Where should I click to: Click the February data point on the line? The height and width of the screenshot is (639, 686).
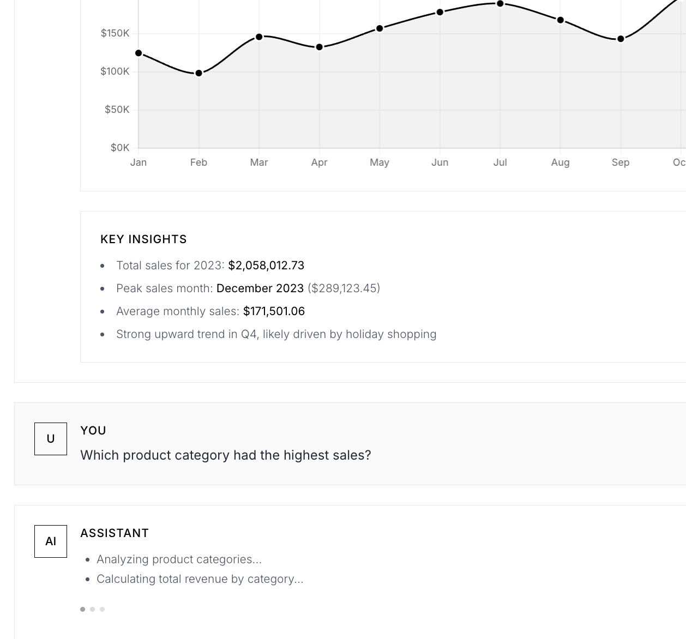[198, 73]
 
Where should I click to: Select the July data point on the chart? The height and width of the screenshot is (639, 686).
[500, 4]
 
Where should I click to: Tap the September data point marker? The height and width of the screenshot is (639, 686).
[621, 39]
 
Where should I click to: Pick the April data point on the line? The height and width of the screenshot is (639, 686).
[319, 47]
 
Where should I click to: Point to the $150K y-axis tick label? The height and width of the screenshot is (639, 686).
[115, 33]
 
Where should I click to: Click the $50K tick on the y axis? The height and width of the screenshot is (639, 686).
[117, 110]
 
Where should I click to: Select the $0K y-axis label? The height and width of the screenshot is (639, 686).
[120, 148]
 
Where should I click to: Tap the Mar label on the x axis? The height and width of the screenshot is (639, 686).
[259, 162]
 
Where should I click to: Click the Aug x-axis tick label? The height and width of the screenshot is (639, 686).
[560, 162]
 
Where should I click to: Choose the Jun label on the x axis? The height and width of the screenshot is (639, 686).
[440, 162]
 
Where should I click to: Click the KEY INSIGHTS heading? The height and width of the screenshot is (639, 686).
[143, 239]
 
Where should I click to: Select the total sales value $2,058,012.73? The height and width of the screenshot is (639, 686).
[266, 266]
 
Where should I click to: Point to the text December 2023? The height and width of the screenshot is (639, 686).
[260, 288]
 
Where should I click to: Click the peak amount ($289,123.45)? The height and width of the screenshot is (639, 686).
[344, 288]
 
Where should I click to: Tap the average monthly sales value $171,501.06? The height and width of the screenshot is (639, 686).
[274, 311]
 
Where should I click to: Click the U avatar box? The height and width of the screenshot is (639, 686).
[51, 439]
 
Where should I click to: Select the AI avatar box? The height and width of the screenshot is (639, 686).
[51, 541]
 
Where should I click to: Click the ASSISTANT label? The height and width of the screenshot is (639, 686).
[115, 533]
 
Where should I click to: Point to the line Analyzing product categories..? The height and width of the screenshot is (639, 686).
[179, 559]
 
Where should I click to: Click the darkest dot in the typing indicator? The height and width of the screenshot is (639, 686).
[83, 609]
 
